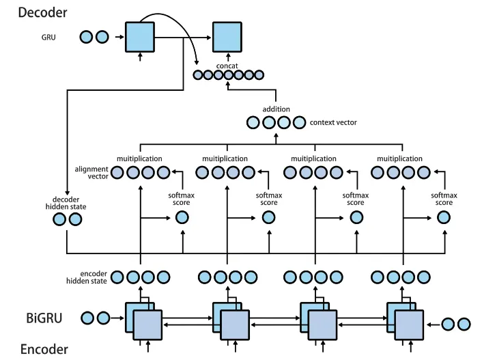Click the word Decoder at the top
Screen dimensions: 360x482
click(42, 12)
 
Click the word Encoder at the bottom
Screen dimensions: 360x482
click(44, 349)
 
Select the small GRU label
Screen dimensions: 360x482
click(48, 37)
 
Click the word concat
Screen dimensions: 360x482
click(226, 66)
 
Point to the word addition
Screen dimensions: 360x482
click(276, 109)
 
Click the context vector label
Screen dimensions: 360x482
click(333, 123)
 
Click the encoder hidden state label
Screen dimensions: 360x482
click(87, 277)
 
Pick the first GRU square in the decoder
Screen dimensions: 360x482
click(141, 36)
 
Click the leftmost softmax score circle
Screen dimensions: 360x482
click(182, 218)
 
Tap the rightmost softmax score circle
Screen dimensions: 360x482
click(444, 218)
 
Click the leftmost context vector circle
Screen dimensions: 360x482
click(253, 123)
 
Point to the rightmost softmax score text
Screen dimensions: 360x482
click(444, 199)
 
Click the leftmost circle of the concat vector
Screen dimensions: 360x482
click(197, 76)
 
